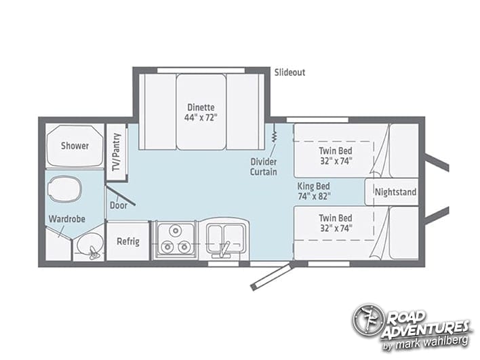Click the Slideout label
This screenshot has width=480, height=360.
coord(289,73)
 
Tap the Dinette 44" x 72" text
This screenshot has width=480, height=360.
coord(201,113)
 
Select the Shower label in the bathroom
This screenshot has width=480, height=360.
coord(75,146)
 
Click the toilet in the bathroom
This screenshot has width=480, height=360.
coord(65,189)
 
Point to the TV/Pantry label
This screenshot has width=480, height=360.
coord(117,152)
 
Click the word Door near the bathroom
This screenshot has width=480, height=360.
coord(119,205)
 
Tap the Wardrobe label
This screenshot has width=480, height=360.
coord(67,219)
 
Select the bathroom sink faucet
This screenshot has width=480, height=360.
coord(93,253)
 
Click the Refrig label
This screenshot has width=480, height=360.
coord(128,241)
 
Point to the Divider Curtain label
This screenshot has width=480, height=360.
coord(263,167)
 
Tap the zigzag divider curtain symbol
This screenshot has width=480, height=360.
coord(275,133)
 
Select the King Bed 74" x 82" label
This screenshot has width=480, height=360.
coord(314,191)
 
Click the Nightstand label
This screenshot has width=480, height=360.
coord(395,192)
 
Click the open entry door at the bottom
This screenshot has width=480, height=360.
coord(271,277)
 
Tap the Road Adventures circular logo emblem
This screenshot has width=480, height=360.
coord(367,320)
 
